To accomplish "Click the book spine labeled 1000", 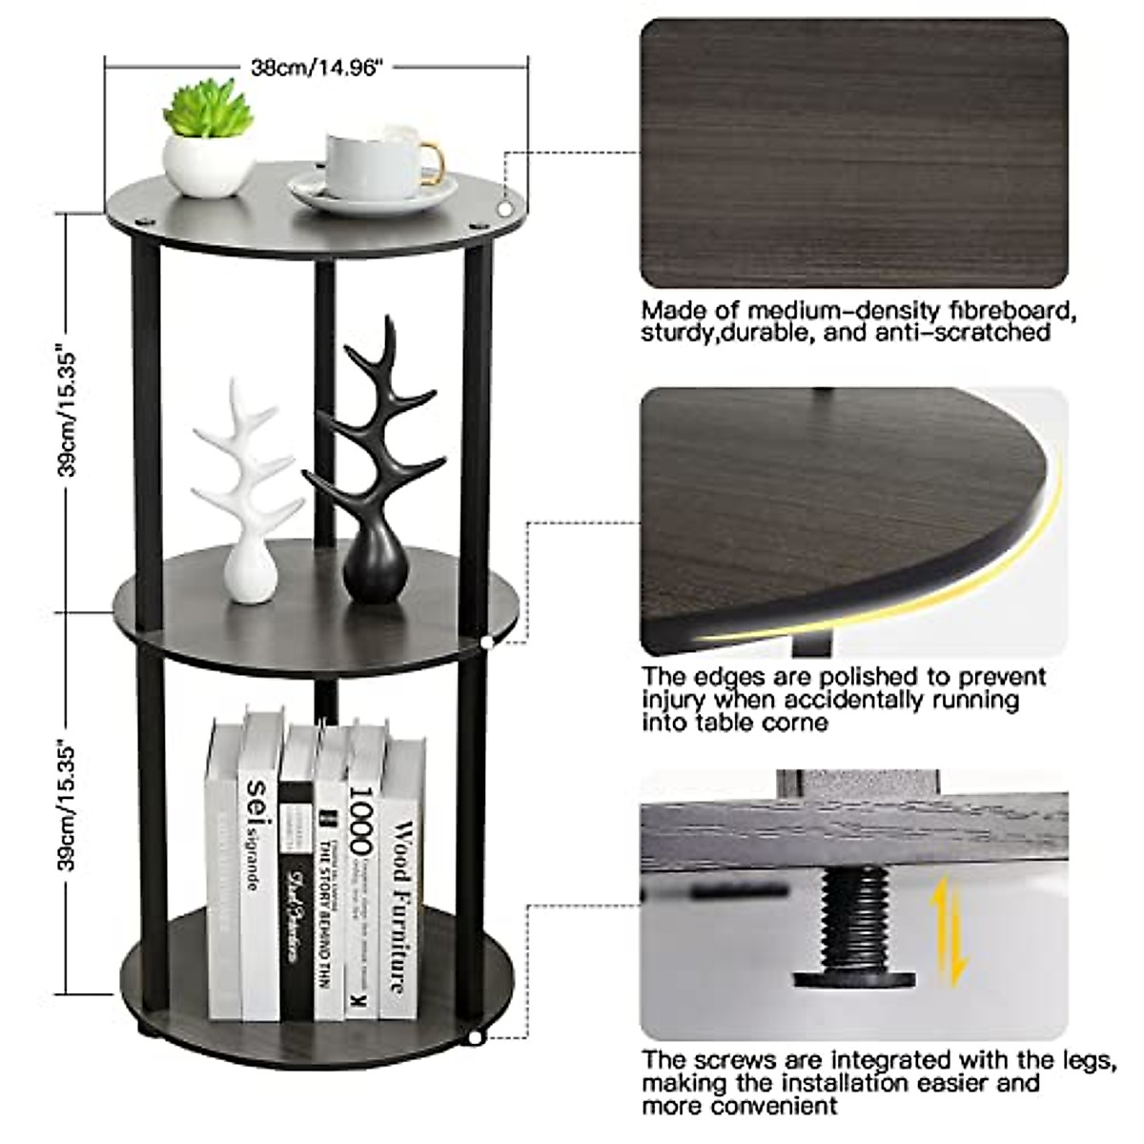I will (x=362, y=872).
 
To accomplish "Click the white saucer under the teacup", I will (x=372, y=194).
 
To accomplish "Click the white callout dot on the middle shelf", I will (x=487, y=643).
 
